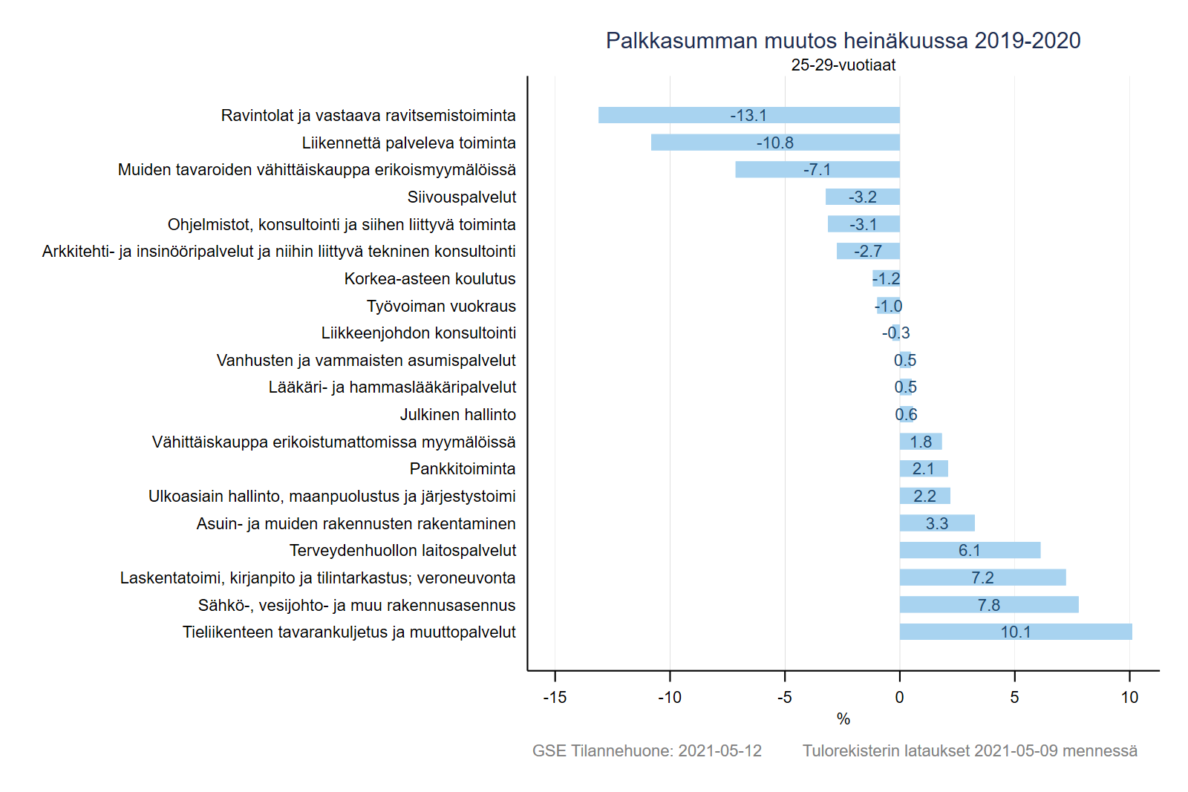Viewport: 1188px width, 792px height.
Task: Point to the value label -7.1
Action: point(817,170)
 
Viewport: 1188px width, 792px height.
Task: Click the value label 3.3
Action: point(937,523)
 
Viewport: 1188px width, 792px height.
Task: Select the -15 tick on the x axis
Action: point(555,697)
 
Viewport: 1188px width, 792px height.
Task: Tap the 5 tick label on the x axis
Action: point(1014,697)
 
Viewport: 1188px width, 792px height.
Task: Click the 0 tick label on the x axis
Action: point(899,697)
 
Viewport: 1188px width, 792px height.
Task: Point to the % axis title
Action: point(843,719)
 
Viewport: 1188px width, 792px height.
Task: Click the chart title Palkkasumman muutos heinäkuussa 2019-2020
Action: point(843,41)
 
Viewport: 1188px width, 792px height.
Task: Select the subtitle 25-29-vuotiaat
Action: point(843,65)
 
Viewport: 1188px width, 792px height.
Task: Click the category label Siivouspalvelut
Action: point(461,197)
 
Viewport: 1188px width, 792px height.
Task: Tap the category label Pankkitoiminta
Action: point(462,469)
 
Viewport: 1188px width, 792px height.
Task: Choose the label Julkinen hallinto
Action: point(457,415)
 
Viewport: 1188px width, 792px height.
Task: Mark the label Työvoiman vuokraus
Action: point(441,306)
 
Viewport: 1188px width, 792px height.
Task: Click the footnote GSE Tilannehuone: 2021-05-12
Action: point(647,750)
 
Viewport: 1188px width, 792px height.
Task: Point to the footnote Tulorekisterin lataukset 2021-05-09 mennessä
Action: point(970,750)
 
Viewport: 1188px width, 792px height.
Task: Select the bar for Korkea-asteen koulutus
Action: point(886,278)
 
